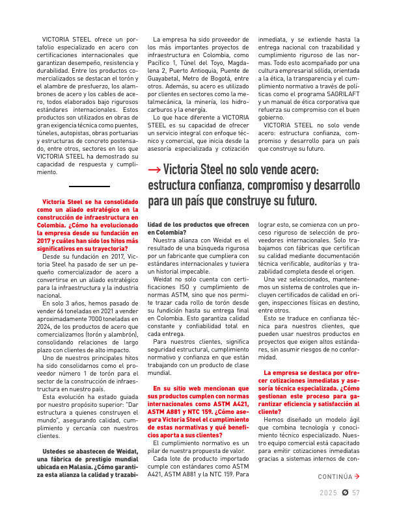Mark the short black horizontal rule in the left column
click(x=88, y=186)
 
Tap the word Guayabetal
click(x=168, y=79)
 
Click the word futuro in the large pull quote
click(x=295, y=201)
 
